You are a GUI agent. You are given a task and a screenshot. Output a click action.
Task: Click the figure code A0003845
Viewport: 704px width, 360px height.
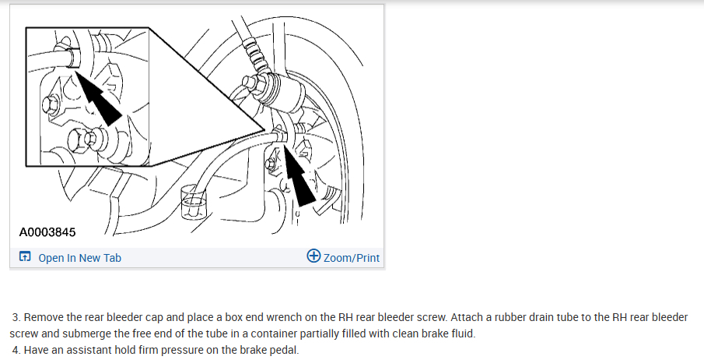point(47,232)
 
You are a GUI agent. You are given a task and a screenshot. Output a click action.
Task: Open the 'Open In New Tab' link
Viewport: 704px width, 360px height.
point(80,258)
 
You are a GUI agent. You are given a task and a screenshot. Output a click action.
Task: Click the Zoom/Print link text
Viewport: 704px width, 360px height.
point(352,258)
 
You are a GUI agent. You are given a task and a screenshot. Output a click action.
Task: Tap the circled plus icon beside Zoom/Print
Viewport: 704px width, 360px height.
point(314,256)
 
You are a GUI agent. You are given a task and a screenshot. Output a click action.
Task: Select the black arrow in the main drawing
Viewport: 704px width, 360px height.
point(299,177)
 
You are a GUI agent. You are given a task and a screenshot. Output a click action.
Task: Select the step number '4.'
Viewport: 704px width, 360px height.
point(16,350)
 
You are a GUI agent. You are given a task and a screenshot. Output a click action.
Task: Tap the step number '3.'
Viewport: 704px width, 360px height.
point(16,318)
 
